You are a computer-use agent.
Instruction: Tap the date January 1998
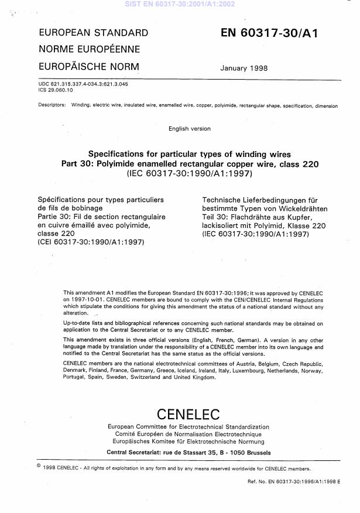[245, 68]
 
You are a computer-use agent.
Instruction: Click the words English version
[189, 128]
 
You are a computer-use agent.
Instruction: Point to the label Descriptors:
[52, 106]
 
